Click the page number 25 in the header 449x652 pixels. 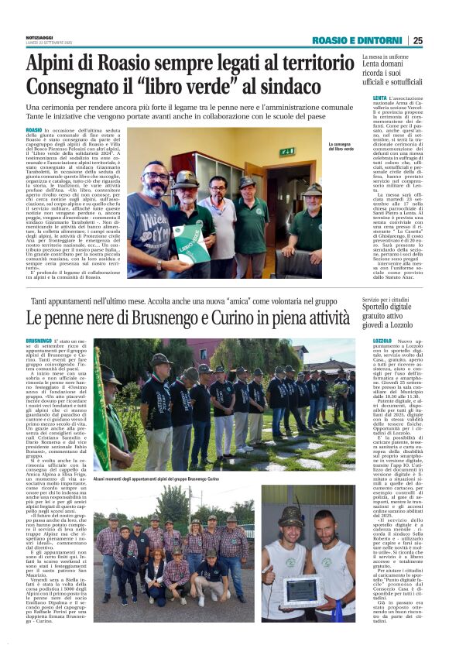click(418, 40)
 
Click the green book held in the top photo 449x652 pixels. click(186, 233)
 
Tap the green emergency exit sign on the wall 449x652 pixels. click(287, 151)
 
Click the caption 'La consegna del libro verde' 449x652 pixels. click(344, 146)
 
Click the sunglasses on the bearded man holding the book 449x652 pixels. click(159, 176)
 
